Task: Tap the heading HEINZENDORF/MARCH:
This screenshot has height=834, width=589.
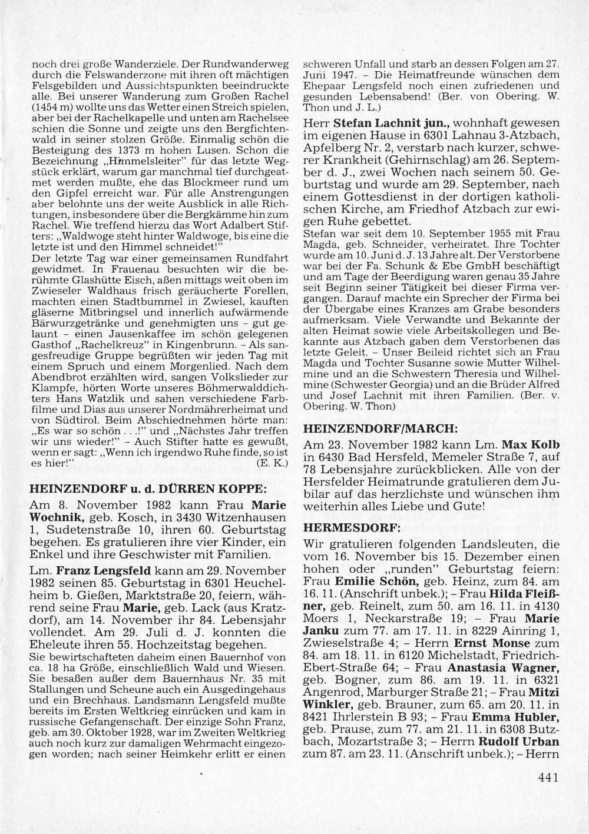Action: point(372,428)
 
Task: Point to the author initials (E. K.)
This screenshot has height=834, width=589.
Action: point(272,463)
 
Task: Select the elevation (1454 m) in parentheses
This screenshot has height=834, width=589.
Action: point(53,109)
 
